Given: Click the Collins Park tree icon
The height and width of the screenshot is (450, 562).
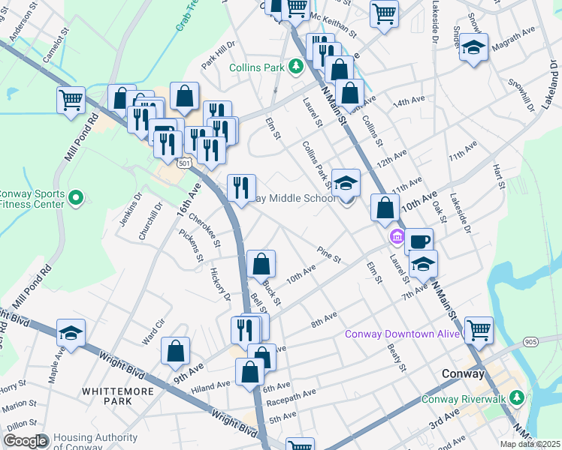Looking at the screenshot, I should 297,67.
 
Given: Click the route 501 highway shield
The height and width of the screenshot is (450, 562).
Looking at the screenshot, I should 185,162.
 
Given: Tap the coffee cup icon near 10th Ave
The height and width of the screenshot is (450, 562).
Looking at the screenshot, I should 419,241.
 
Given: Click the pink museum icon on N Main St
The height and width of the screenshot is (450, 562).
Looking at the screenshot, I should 395,238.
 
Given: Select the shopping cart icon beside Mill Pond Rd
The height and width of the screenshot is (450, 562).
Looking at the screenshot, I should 71,99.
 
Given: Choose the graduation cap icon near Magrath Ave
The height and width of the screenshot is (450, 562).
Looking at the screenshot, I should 474,47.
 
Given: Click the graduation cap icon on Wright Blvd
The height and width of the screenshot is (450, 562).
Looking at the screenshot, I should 71,333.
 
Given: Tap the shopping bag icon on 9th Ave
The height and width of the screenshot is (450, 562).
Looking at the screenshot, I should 175,351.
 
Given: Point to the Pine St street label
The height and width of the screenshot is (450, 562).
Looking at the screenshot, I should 329,254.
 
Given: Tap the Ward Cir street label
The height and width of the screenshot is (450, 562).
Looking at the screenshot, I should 154,333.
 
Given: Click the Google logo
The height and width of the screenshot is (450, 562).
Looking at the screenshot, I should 26,441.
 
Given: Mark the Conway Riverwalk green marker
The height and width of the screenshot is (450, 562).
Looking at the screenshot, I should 516,398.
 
